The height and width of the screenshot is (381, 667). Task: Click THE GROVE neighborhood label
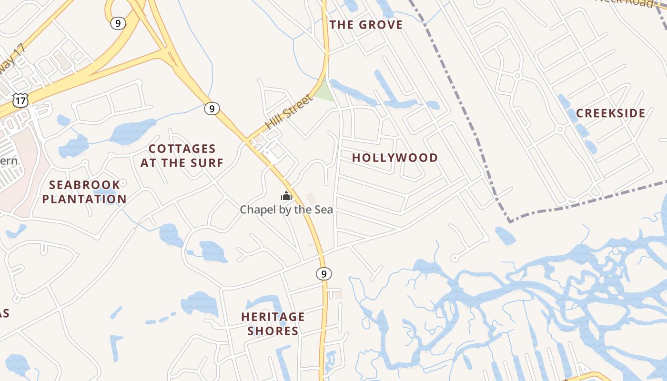tap(366, 25)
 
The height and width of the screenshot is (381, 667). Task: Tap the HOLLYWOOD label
tap(395, 158)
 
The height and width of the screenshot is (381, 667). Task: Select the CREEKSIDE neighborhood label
tap(610, 113)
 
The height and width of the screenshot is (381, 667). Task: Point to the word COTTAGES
tap(182, 149)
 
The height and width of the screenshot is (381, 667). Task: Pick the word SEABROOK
tap(84, 185)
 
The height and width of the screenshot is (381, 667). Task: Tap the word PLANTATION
tap(84, 199)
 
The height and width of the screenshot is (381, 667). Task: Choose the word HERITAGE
tap(273, 317)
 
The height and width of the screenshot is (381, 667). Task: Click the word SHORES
tap(273, 331)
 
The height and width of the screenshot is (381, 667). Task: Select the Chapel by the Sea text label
tap(286, 210)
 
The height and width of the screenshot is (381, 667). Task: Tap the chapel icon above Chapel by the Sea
tap(286, 196)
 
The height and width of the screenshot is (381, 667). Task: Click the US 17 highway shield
tap(21, 100)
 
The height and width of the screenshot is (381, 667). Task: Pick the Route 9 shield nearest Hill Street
tap(212, 109)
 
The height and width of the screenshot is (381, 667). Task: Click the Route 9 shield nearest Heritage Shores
tap(323, 274)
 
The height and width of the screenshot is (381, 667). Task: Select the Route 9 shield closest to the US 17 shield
tap(118, 23)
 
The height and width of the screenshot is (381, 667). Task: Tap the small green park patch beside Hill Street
tap(324, 92)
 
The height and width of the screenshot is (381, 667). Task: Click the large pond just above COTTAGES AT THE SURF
tap(133, 131)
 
